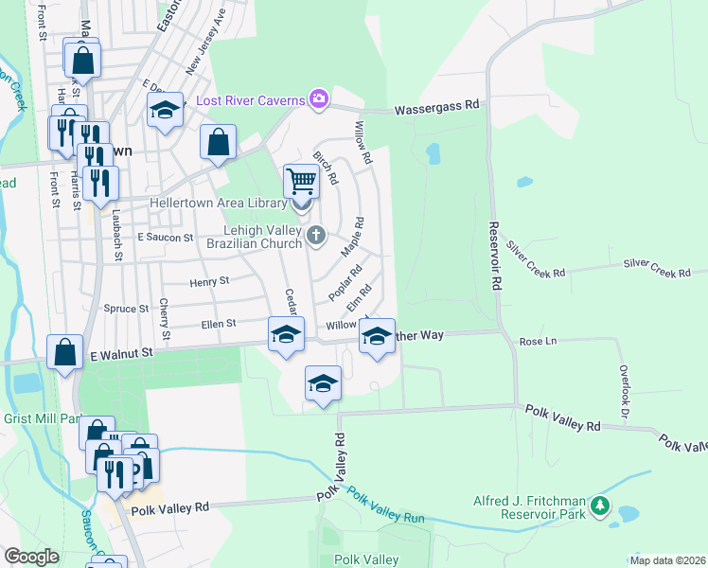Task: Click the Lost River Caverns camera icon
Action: click(319, 98)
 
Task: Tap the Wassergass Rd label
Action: click(436, 109)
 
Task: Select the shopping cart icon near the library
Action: click(301, 179)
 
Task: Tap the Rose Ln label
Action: click(537, 341)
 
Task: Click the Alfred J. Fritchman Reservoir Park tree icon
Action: click(598, 507)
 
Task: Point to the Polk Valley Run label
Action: click(385, 506)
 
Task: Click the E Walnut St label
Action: click(121, 353)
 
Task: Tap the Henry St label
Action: click(209, 281)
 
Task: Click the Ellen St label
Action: click(218, 324)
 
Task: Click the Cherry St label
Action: click(165, 319)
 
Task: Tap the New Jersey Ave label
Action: click(205, 43)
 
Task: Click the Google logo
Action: click(31, 557)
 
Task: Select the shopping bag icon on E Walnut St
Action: click(65, 354)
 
